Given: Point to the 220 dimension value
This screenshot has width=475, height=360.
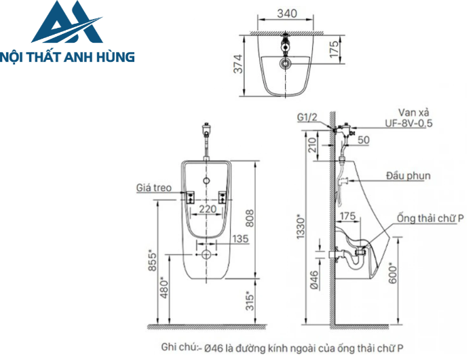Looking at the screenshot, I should [x=208, y=209].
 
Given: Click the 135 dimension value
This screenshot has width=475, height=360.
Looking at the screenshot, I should [x=240, y=238].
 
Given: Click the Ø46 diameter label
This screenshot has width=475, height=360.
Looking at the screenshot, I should [x=313, y=279].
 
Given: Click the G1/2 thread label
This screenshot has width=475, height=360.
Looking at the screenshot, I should [x=307, y=117].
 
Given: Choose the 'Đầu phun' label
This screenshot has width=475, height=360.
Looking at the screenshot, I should [x=407, y=176].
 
